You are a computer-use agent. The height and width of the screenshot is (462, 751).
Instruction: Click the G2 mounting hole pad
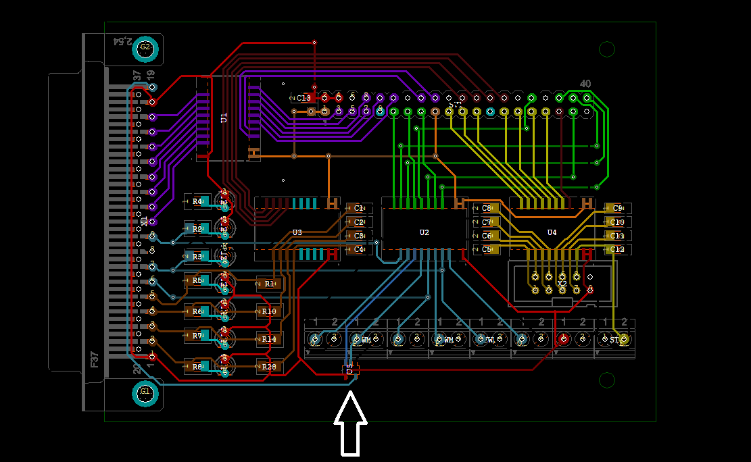click(145, 48)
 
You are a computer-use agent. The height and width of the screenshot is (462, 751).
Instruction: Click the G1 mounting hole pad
click(145, 392)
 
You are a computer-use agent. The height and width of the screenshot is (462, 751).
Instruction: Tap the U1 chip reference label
click(224, 118)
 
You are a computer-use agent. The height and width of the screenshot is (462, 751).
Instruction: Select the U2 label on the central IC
click(424, 232)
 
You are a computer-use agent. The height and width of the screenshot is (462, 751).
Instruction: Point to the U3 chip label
click(297, 232)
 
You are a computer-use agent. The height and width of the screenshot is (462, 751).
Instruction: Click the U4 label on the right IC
click(552, 232)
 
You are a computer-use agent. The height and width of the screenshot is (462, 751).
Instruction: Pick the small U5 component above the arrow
click(350, 369)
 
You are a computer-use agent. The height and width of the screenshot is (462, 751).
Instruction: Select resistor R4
click(197, 201)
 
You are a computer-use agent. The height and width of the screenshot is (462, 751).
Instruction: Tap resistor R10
click(269, 311)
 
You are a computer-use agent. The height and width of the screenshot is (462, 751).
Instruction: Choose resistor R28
click(269, 367)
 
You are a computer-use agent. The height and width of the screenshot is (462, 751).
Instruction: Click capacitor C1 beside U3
click(358, 208)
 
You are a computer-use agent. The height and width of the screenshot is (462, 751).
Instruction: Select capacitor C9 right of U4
click(617, 208)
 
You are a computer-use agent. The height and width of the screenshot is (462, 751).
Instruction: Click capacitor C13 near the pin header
click(304, 99)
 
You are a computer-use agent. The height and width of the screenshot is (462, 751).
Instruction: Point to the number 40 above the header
click(585, 84)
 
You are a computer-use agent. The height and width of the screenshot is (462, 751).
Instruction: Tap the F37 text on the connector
click(95, 359)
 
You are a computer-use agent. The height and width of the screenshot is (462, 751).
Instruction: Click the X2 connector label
click(562, 284)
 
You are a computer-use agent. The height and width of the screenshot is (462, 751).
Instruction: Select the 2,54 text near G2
click(122, 41)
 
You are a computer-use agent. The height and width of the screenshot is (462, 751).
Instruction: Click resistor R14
click(269, 339)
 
